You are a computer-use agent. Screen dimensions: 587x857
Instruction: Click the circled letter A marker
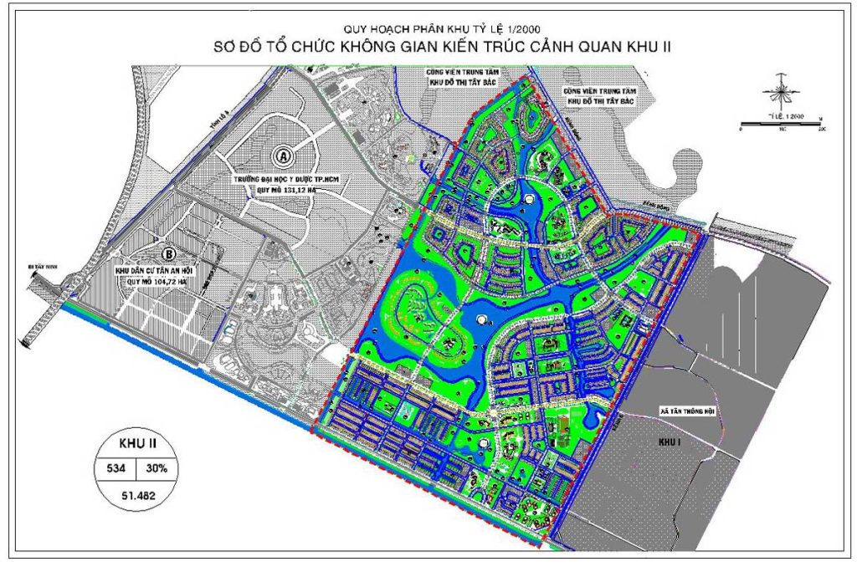[x=285, y=156]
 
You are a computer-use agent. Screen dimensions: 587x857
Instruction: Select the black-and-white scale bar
[x=781, y=123]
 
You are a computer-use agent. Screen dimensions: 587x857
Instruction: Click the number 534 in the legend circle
[x=115, y=468]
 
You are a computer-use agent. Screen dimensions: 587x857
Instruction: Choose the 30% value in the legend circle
[x=155, y=468]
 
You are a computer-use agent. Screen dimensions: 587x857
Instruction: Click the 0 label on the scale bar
[x=742, y=130]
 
